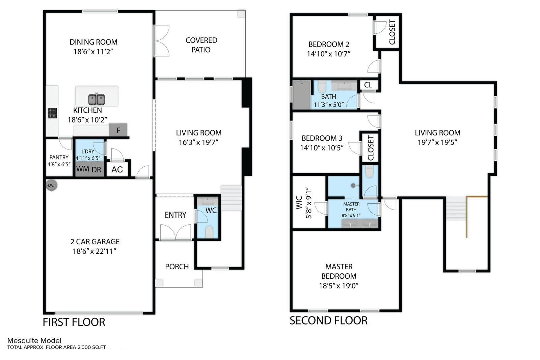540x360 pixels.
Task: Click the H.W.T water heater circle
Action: [51, 185]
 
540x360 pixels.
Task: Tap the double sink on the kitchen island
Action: [97, 99]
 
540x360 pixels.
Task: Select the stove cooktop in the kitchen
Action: [52, 113]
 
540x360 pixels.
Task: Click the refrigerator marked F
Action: [118, 130]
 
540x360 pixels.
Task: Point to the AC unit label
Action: [117, 170]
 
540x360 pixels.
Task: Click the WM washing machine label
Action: [83, 169]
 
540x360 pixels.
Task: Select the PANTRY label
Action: [59, 157]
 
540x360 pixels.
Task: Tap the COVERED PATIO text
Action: [201, 45]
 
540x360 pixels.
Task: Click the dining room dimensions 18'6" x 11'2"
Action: [93, 52]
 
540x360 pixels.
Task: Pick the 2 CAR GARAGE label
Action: [95, 242]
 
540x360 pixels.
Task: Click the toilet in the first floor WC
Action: [209, 231]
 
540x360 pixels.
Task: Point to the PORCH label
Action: [177, 267]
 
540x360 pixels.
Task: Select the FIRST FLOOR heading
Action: [74, 322]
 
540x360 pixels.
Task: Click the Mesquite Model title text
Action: [34, 340]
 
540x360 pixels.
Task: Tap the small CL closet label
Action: [368, 85]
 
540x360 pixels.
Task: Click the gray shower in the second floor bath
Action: [302, 95]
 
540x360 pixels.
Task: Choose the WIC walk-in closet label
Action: [299, 203]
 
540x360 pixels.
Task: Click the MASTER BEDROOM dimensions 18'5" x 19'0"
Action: [339, 286]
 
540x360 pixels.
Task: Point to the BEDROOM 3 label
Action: [322, 138]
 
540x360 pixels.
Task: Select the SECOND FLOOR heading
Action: [329, 321]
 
